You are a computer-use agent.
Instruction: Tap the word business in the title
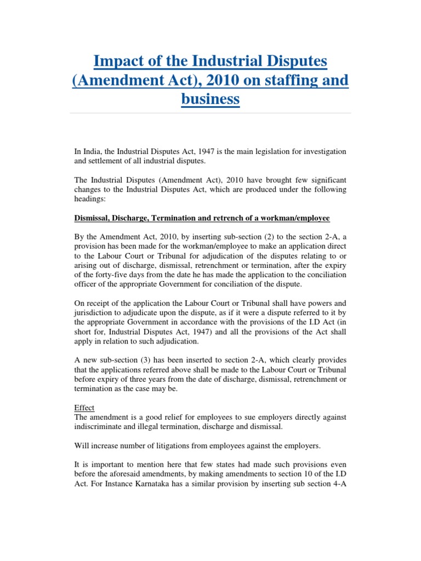[x=210, y=99]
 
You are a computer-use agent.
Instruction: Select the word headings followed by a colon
[x=89, y=200]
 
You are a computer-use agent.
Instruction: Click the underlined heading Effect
[x=84, y=408]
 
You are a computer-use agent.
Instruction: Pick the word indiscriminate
[x=101, y=428]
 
